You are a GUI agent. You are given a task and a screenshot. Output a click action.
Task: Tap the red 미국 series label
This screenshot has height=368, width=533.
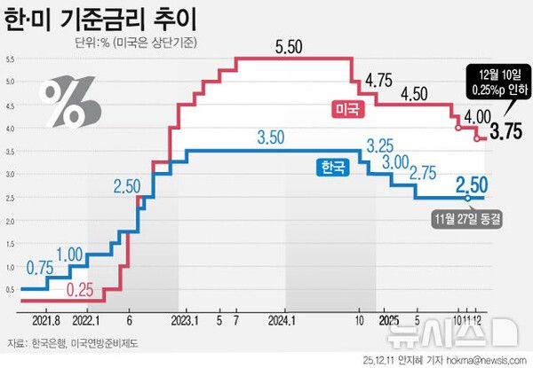pyautogui.click(x=346, y=109)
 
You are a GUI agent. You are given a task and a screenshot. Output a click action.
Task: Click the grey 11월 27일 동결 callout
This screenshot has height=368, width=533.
pyautogui.click(x=467, y=216)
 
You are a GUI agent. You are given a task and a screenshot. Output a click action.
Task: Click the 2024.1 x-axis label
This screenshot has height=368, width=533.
pyautogui.click(x=281, y=320)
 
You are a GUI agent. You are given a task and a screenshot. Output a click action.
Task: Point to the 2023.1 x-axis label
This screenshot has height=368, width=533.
pyautogui.click(x=183, y=320)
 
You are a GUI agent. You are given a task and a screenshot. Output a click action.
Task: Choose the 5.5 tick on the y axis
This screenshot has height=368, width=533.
pyautogui.click(x=11, y=59)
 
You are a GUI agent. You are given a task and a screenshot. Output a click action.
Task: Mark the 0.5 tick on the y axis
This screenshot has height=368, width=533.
pyautogui.click(x=11, y=289)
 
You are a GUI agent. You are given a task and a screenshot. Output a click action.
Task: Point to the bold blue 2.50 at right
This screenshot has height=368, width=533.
pyautogui.click(x=471, y=185)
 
